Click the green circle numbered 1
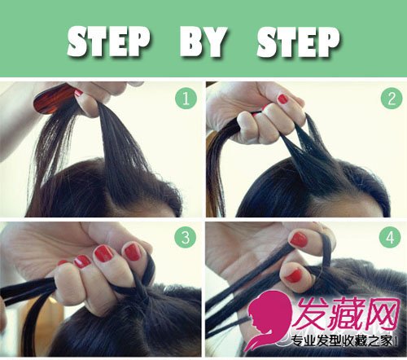[x=186, y=98]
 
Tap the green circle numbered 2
[x=392, y=98]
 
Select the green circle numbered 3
[x=186, y=237]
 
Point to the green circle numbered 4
[x=390, y=237]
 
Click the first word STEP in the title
[x=108, y=42]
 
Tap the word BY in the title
[x=203, y=42]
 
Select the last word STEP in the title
[x=298, y=42]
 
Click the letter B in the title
[x=190, y=42]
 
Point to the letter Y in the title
[x=215, y=42]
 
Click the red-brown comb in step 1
[x=53, y=99]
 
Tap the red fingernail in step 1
[x=78, y=92]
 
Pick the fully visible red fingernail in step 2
[x=283, y=99]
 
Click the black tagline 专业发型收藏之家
[x=342, y=341]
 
